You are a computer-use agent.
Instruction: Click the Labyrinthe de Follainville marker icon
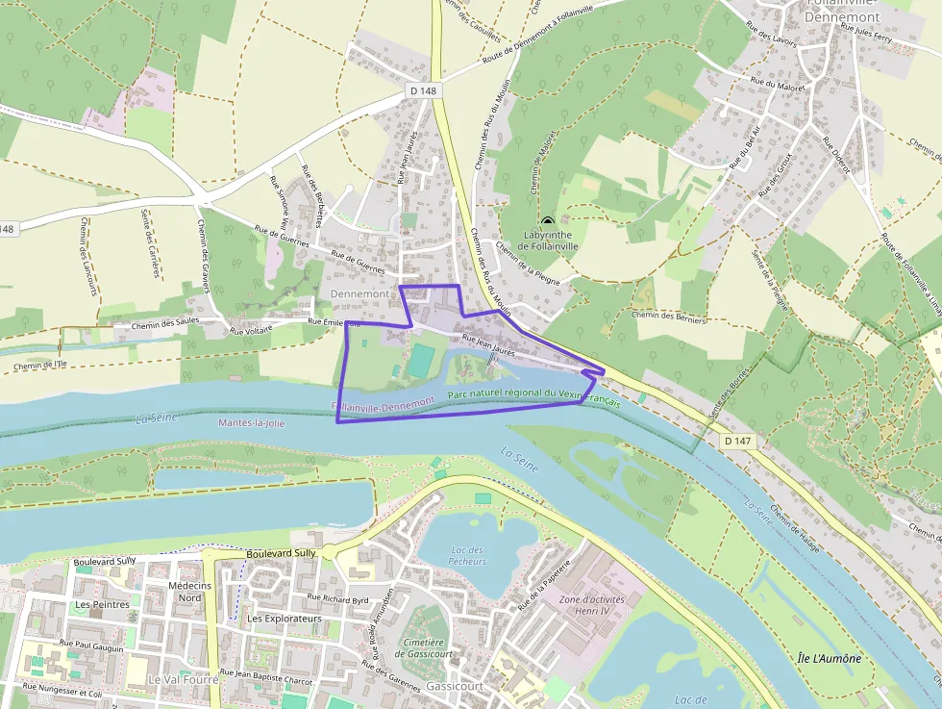pos(548,221)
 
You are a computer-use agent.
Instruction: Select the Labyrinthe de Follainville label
pos(551,240)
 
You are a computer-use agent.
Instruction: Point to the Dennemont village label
pos(359,292)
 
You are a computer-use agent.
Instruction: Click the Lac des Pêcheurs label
pos(467,555)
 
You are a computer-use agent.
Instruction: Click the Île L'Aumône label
pos(829,659)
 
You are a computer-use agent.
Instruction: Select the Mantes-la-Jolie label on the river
pos(252,422)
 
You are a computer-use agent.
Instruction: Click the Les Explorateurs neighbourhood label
pos(284,618)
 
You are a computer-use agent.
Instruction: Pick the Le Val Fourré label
pos(183,678)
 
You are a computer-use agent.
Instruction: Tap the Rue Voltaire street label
pos(251,329)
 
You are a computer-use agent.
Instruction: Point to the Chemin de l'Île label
pos(40,365)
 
